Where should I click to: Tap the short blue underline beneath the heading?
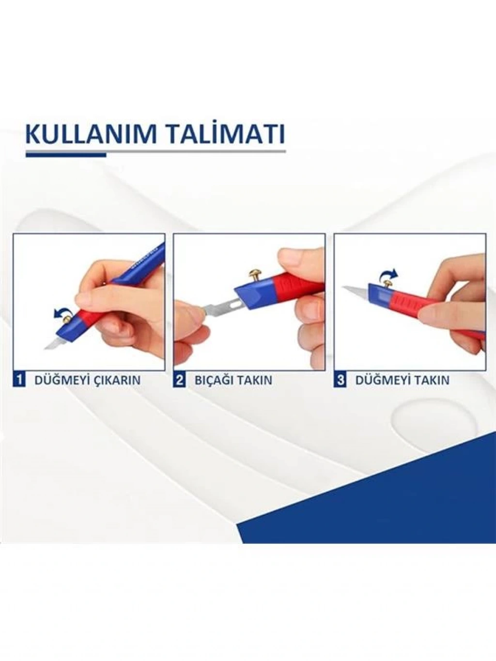click(66, 155)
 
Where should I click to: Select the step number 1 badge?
click(18, 380)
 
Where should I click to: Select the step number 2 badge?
click(179, 380)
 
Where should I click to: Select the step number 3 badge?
click(340, 380)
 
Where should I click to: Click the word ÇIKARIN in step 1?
click(117, 380)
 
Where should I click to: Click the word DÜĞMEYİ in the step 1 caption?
click(62, 380)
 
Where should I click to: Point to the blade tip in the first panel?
click(45, 349)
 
